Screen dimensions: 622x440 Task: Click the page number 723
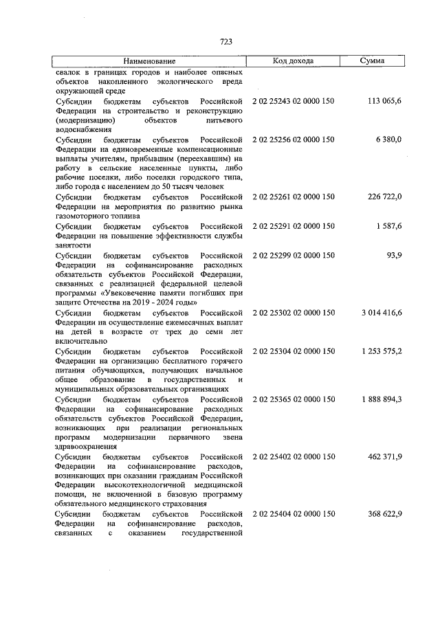[x=225, y=41]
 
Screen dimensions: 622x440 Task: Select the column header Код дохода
[x=293, y=61]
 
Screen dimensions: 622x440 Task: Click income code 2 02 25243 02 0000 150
[x=294, y=101]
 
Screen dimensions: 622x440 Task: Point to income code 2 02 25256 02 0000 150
[x=294, y=140]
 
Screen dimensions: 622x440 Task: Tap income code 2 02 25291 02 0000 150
[x=294, y=226]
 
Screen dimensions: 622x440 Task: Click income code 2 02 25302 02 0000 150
[x=294, y=313]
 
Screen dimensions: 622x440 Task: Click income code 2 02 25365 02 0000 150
[x=294, y=399]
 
